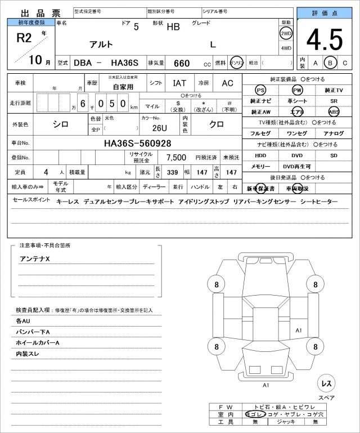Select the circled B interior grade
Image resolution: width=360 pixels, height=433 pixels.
pyautogui.click(x=330, y=63)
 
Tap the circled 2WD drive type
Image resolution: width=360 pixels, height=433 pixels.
pyautogui.click(x=286, y=33)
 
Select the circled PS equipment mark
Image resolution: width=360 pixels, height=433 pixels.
pyautogui.click(x=260, y=90)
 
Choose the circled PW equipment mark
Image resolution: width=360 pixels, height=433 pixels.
pyautogui.click(x=297, y=90)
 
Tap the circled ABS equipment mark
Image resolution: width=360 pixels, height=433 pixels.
pyautogui.click(x=334, y=111)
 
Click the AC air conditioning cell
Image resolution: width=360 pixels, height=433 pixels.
pyautogui.click(x=227, y=83)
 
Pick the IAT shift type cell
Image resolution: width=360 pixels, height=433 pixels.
pyautogui.click(x=180, y=83)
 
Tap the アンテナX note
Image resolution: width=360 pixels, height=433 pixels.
pyautogui.click(x=35, y=258)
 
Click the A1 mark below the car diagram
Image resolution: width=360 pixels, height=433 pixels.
pyautogui.click(x=265, y=386)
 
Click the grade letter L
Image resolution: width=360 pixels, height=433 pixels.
pyautogui.click(x=213, y=44)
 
